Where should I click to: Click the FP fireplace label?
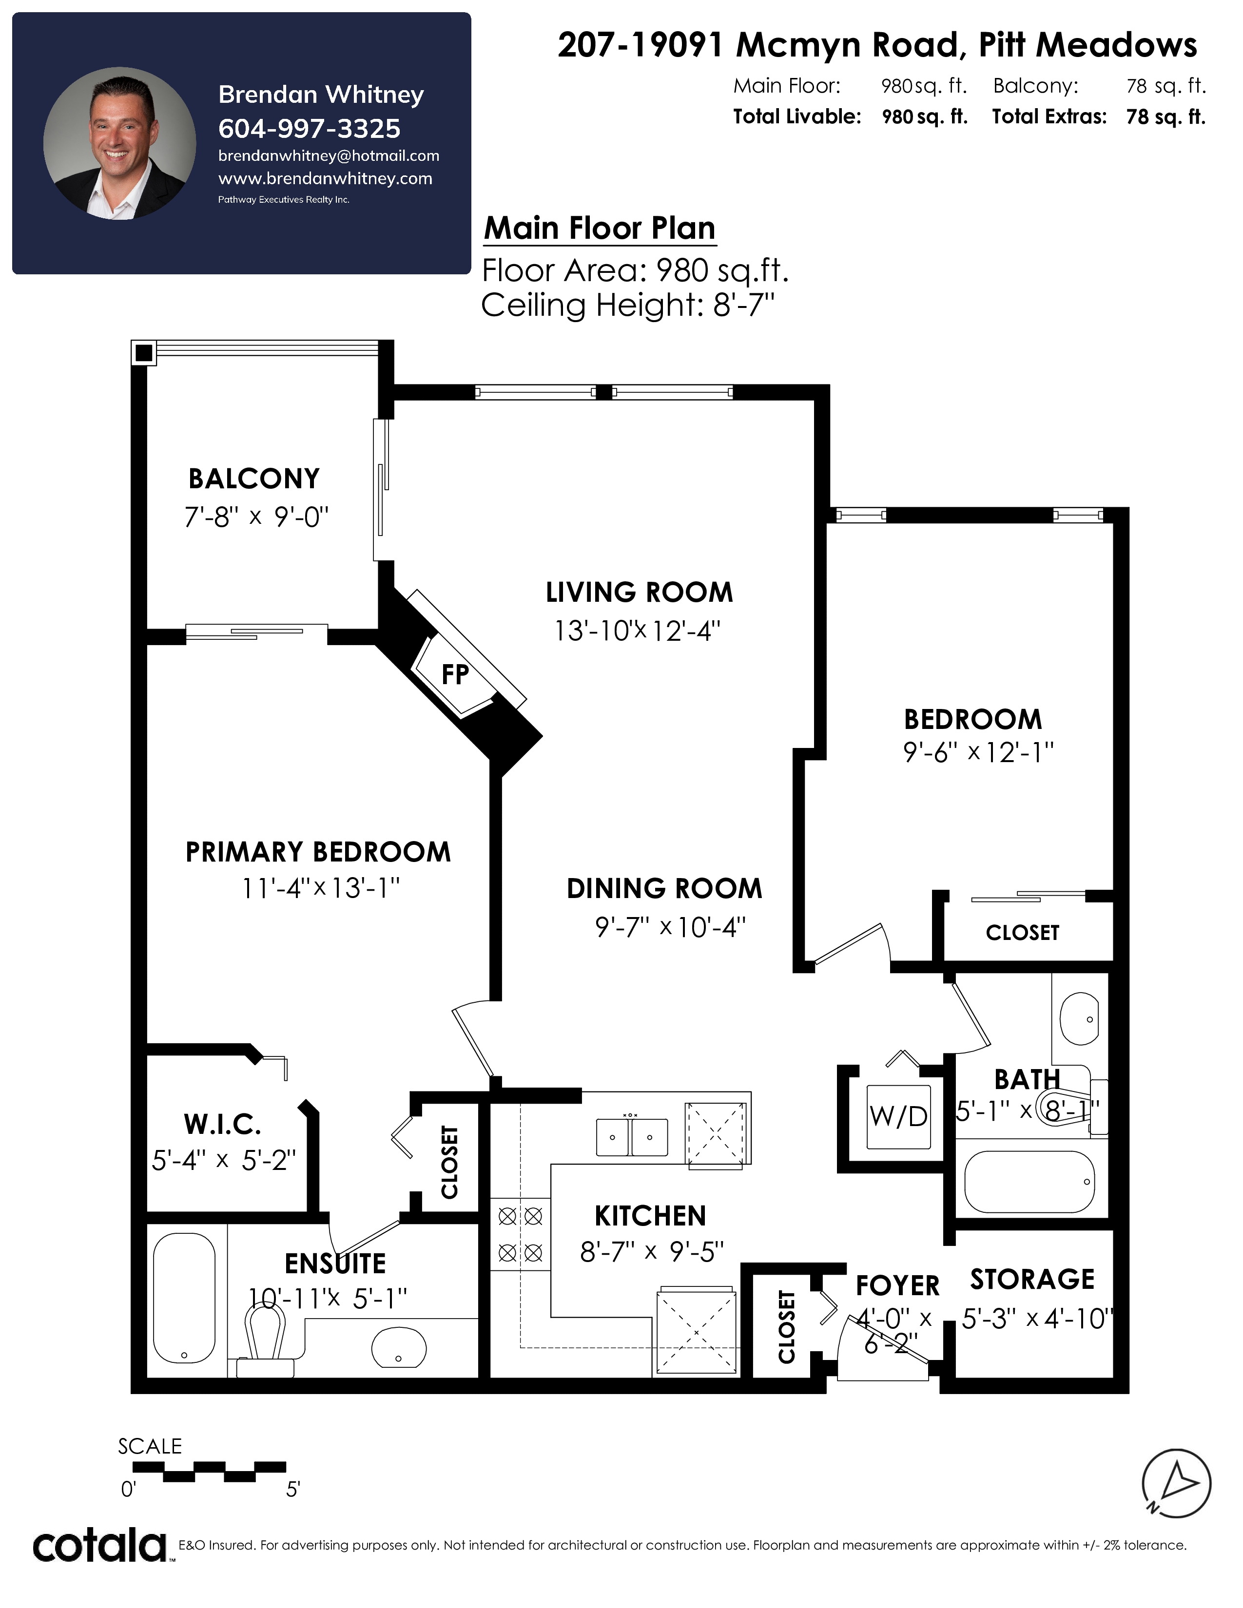click(455, 674)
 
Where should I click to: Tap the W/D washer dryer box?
click(898, 1117)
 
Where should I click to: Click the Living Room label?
click(639, 592)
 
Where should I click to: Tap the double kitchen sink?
click(632, 1137)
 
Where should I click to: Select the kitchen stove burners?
click(520, 1234)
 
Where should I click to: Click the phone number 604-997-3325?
click(309, 129)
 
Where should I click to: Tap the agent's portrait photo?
click(119, 144)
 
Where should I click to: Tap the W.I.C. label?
click(222, 1124)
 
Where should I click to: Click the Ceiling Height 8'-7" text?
click(628, 305)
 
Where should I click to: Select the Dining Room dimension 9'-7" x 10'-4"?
click(671, 926)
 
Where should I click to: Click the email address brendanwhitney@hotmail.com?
click(329, 156)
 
